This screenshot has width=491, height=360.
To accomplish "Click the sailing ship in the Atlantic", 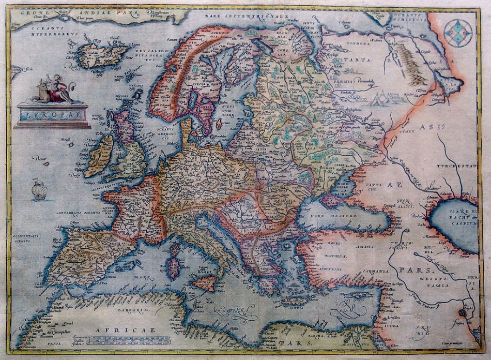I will click(39, 190).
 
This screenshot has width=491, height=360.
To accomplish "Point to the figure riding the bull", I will click(52, 89).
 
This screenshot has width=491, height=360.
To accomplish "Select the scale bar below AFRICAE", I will click(129, 340).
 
